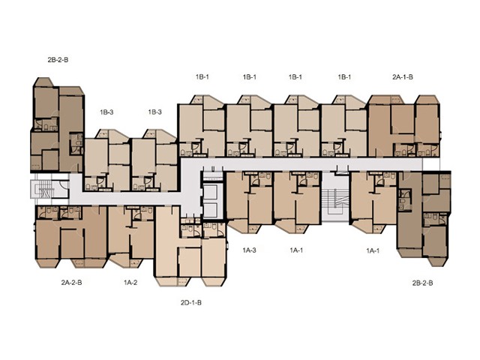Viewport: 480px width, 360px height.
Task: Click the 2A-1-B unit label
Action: pyautogui.click(x=403, y=77)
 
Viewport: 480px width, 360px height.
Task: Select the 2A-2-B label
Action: pyautogui.click(x=72, y=282)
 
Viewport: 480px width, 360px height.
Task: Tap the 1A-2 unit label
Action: pyautogui.click(x=130, y=282)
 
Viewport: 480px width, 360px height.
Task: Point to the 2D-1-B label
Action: pyautogui.click(x=191, y=303)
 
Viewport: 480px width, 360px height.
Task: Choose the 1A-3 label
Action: pyautogui.click(x=249, y=250)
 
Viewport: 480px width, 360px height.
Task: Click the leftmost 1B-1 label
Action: pyautogui.click(x=202, y=77)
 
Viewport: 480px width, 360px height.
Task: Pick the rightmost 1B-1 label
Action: pyautogui.click(x=344, y=77)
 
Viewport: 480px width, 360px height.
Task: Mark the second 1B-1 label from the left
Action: pyautogui.click(x=250, y=77)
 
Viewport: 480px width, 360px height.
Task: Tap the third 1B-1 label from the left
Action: pyautogui.click(x=295, y=77)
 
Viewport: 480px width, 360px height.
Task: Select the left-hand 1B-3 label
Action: pyautogui.click(x=106, y=112)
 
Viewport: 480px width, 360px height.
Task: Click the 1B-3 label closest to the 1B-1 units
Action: pyautogui.click(x=155, y=112)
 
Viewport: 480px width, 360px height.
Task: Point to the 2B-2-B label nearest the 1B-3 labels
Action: pyautogui.click(x=58, y=60)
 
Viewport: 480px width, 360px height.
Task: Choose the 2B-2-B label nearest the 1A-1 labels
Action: pyautogui.click(x=422, y=283)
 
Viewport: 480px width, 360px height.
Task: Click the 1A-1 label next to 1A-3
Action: pyautogui.click(x=296, y=250)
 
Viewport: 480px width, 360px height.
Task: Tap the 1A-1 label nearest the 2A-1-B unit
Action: pyautogui.click(x=373, y=250)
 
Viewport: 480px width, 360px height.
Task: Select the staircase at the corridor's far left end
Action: pyautogui.click(x=43, y=189)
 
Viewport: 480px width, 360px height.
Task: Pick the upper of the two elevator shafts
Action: pyautogui.click(x=211, y=192)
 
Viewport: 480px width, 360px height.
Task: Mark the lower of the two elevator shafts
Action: pyautogui.click(x=211, y=210)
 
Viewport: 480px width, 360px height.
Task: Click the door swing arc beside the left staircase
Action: pyautogui.click(x=65, y=184)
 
